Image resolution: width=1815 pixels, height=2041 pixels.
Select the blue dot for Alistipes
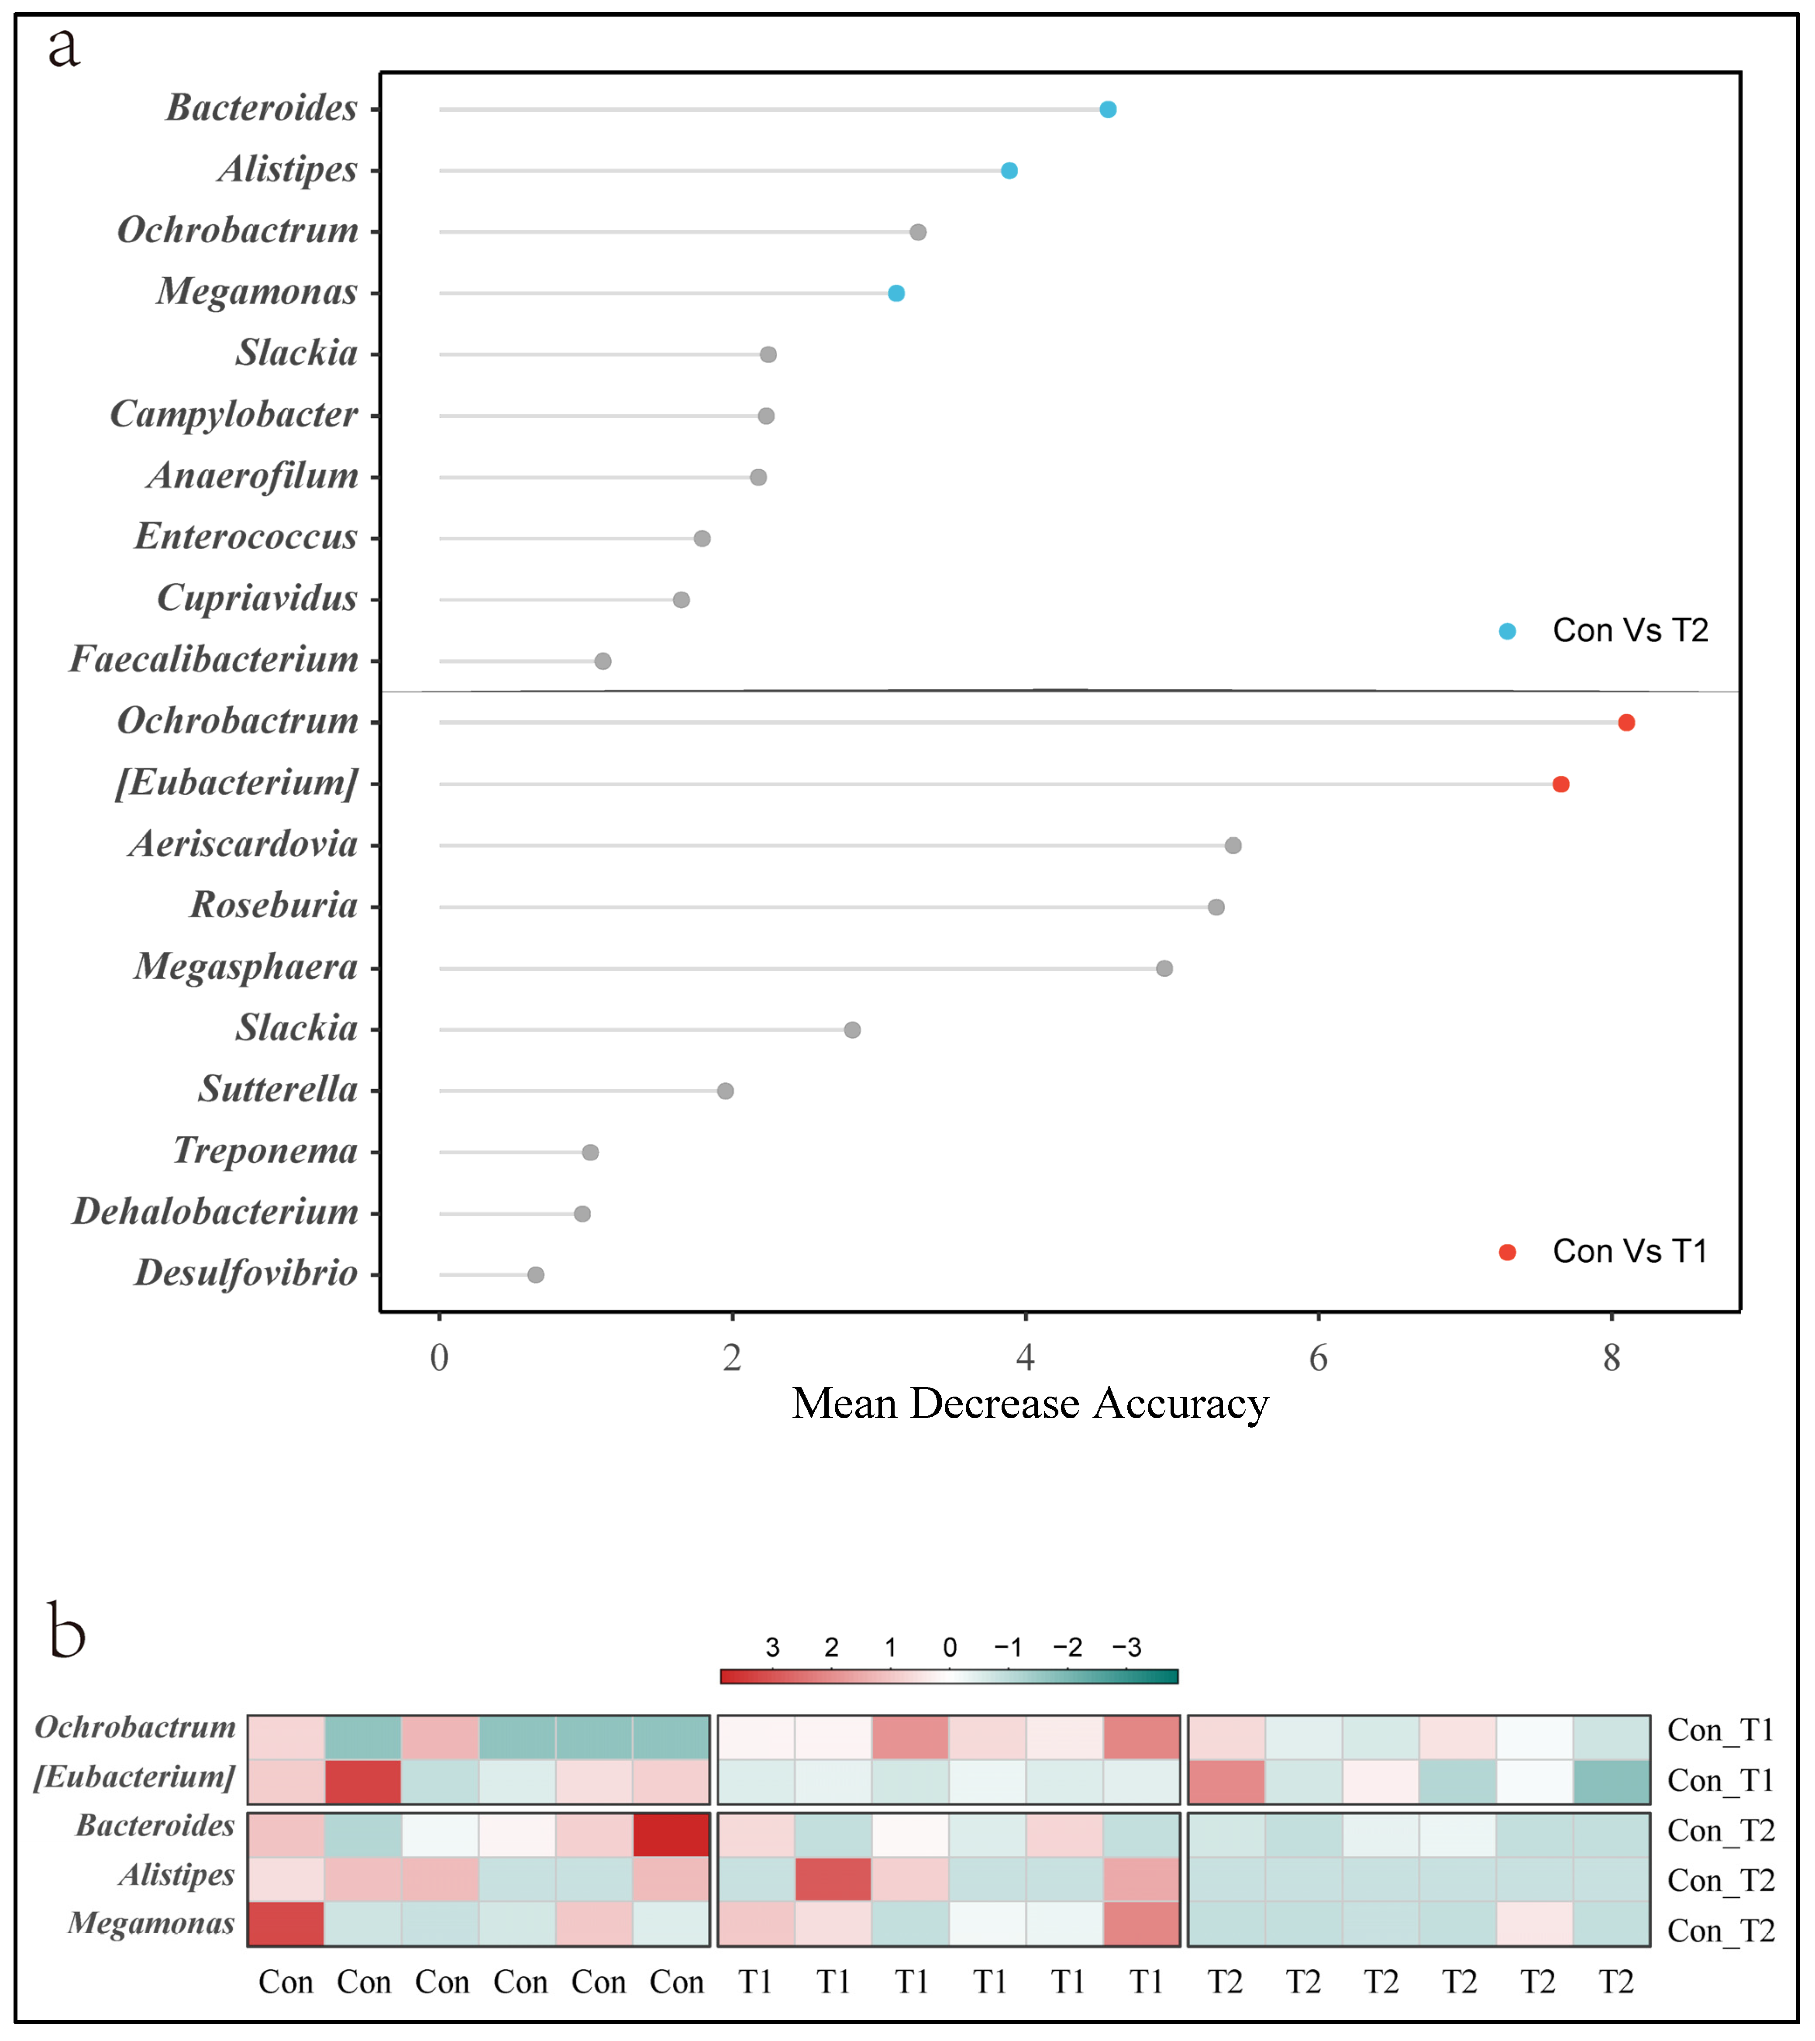pyautogui.click(x=1009, y=171)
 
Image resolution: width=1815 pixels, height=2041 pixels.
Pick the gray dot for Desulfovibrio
pyautogui.click(x=536, y=1275)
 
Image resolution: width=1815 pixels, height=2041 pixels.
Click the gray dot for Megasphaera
pyautogui.click(x=1164, y=969)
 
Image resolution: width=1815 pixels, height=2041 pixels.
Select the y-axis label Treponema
pyautogui.click(x=265, y=1151)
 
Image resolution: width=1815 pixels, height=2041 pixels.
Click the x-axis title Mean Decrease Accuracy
pyautogui.click(x=1030, y=1404)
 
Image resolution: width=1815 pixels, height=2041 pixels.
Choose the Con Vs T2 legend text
pyautogui.click(x=1630, y=631)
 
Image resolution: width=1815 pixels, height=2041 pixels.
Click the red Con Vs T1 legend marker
pyautogui.click(x=1508, y=1252)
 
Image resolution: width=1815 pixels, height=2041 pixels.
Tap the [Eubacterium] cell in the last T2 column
pyautogui.click(x=1612, y=1781)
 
